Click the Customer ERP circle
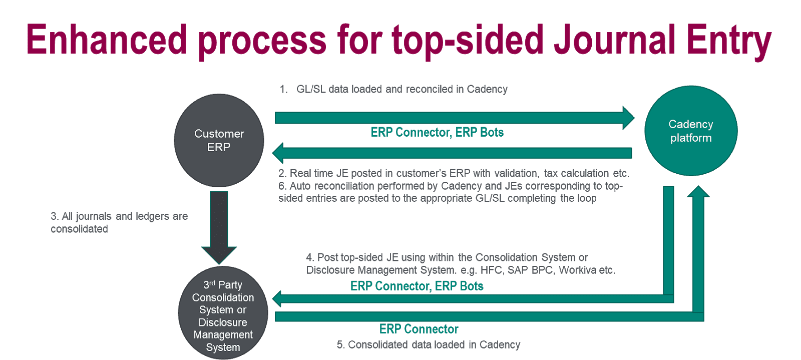point(219,141)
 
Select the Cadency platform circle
point(691,131)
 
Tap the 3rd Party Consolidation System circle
point(223,313)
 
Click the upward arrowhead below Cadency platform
point(698,192)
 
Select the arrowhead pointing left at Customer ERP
point(278,153)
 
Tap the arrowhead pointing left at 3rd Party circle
point(278,299)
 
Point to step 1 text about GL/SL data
point(393,89)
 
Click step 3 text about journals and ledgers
point(119,222)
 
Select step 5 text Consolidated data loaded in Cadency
point(429,344)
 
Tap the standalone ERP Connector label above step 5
point(419,329)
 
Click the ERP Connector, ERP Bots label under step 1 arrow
point(437,132)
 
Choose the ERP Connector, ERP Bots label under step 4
point(417,286)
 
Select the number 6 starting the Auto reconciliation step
point(282,186)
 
